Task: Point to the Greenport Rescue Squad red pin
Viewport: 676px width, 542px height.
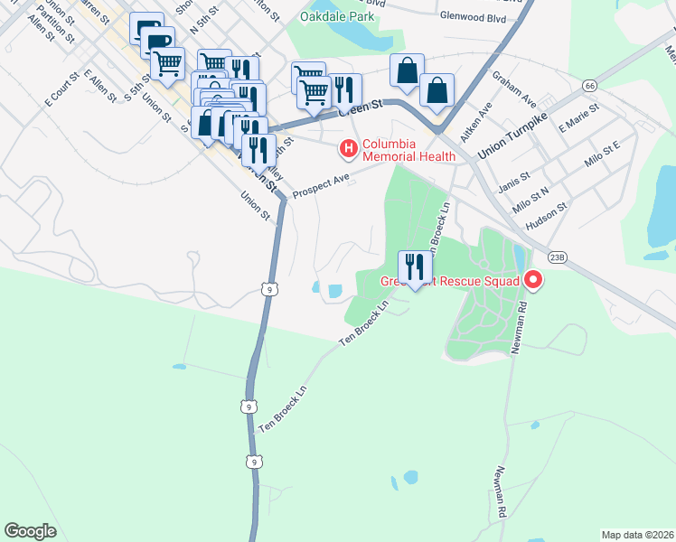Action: point(532,281)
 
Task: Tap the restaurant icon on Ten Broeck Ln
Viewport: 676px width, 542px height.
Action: point(415,267)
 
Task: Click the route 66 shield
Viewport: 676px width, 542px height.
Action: point(589,85)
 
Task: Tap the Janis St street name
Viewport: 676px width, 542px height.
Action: point(512,169)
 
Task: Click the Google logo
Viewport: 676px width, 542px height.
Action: point(30,531)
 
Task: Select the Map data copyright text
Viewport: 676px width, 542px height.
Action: point(637,534)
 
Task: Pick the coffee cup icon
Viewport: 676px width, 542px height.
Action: point(158,42)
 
